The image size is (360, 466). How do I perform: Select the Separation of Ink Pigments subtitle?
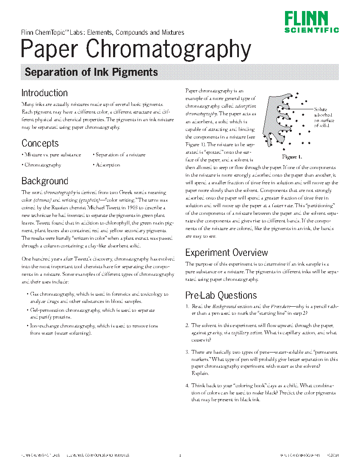pyautogui.click(x=91, y=72)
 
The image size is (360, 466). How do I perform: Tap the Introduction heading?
pyautogui.click(x=44, y=93)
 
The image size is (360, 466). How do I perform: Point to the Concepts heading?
pyautogui.click(x=40, y=143)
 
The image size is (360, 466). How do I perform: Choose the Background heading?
pyautogui.click(x=44, y=181)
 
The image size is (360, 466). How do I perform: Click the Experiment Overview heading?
pyautogui.click(x=227, y=253)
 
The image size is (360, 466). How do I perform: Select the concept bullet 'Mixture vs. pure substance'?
pyautogui.click(x=52, y=155)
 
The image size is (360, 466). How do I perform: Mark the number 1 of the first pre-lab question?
pyautogui.click(x=187, y=306)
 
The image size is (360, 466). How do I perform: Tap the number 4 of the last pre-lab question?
pyautogui.click(x=187, y=386)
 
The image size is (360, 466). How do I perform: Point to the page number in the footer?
pyautogui.click(x=180, y=456)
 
